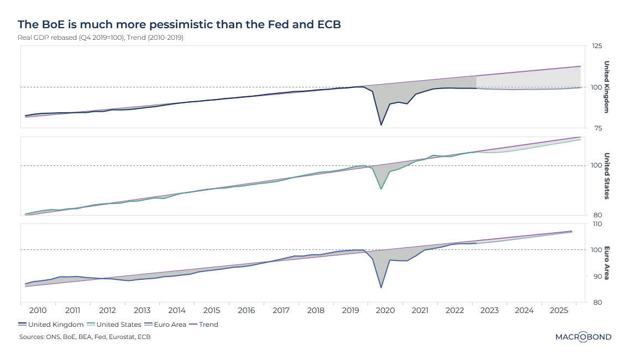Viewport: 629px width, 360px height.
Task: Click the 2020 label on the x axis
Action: pos(385,311)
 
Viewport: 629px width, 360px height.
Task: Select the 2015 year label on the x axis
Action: pos(212,311)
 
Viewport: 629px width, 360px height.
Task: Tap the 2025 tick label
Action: pos(559,311)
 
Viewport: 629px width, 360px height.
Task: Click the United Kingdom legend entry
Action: pos(55,325)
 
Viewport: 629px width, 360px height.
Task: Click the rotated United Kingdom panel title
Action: pos(606,87)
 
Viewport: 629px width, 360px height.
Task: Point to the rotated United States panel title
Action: pos(606,176)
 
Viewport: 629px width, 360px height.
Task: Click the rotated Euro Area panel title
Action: pos(606,263)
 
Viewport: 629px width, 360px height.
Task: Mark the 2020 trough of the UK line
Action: pos(381,125)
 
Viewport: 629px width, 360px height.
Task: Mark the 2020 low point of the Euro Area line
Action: pos(381,288)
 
